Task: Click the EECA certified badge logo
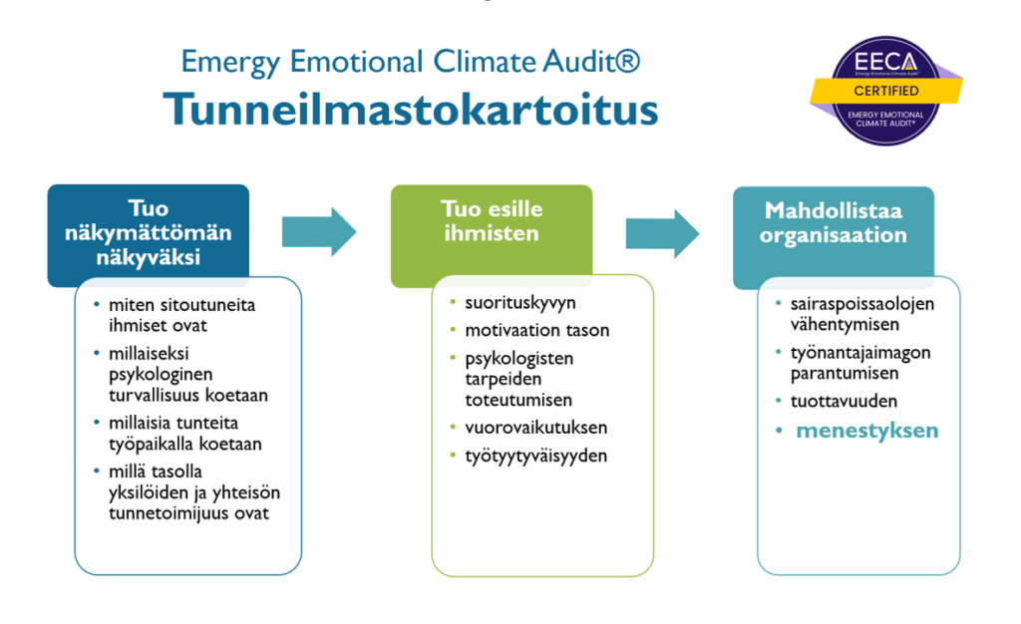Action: pyautogui.click(x=886, y=90)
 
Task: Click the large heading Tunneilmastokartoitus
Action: pyautogui.click(x=411, y=110)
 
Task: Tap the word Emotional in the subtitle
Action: pyautogui.click(x=356, y=62)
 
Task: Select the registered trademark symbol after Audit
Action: pyautogui.click(x=628, y=61)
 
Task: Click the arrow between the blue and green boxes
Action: pyautogui.click(x=319, y=231)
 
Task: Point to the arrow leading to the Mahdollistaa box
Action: pyautogui.click(x=662, y=233)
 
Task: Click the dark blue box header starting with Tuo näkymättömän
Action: pyautogui.click(x=149, y=233)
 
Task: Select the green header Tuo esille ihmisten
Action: pyautogui.click(x=492, y=220)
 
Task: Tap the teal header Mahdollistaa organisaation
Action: pyautogui.click(x=834, y=222)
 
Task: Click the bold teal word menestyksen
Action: pyautogui.click(x=866, y=430)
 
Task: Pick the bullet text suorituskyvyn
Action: pyautogui.click(x=520, y=303)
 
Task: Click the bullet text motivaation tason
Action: pyautogui.click(x=537, y=330)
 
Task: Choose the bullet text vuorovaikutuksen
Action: pyautogui.click(x=535, y=428)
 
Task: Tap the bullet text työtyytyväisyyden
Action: pyautogui.click(x=535, y=456)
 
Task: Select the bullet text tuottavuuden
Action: pyautogui.click(x=844, y=401)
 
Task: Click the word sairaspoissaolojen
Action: pyautogui.click(x=862, y=304)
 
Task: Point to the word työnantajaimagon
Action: pyautogui.click(x=860, y=353)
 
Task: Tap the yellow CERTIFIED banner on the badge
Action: pyautogui.click(x=886, y=91)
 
